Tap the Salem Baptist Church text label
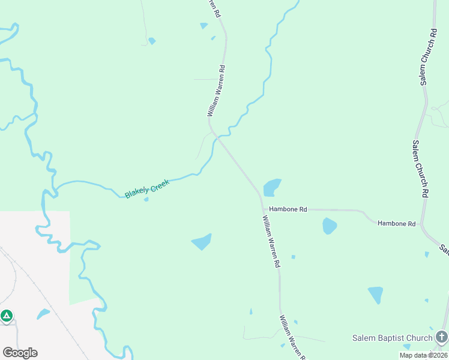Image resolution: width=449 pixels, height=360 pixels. click(392, 338)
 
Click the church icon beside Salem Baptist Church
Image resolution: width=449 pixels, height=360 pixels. click(442, 337)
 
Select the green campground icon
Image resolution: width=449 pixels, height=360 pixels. click(7, 315)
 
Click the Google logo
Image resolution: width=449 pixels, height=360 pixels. click(20, 352)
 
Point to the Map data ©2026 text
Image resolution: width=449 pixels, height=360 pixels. click(423, 355)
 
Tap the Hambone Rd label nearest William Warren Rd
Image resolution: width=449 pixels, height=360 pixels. click(288, 209)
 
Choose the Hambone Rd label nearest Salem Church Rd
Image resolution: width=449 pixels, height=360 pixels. click(396, 223)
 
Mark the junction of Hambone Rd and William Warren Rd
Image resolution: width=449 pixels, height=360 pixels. click(263, 209)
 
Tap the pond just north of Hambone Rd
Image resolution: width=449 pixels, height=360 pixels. click(272, 187)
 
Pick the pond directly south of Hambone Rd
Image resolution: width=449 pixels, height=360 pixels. click(330, 226)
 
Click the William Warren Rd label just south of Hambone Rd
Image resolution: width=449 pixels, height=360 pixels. click(271, 241)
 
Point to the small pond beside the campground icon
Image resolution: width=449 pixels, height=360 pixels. click(43, 313)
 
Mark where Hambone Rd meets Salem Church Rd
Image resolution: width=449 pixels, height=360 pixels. click(422, 225)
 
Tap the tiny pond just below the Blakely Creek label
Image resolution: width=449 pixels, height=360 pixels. click(146, 199)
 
